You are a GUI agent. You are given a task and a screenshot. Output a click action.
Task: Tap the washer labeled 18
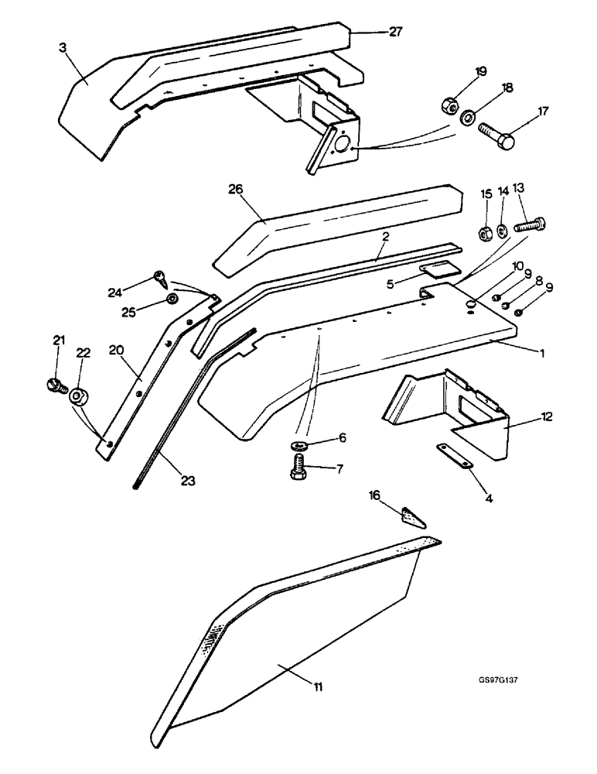point(469,118)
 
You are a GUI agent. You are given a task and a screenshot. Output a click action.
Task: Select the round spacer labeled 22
point(78,397)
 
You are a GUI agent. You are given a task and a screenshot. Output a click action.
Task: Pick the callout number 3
point(62,47)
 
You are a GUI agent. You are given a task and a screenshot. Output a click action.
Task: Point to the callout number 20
point(115,349)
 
